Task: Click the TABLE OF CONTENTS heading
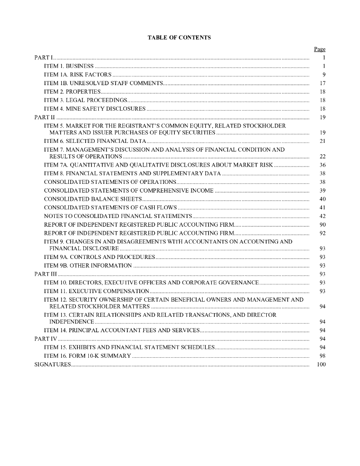[x=179, y=38]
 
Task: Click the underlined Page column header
[x=319, y=49]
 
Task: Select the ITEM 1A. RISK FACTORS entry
[x=77, y=75]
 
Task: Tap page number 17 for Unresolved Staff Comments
[x=322, y=83]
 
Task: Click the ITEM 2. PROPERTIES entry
[x=72, y=92]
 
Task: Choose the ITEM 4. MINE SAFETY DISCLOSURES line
[x=95, y=109]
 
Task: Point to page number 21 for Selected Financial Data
[x=322, y=142]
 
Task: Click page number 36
[x=322, y=165]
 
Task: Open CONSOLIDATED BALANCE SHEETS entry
[x=93, y=199]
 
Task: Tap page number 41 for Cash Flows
[x=322, y=208]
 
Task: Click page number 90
[x=322, y=225]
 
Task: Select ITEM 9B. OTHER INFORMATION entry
[x=88, y=266]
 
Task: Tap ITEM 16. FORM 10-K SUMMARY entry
[x=87, y=356]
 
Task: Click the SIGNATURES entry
[x=52, y=365]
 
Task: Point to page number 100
[x=321, y=365]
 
